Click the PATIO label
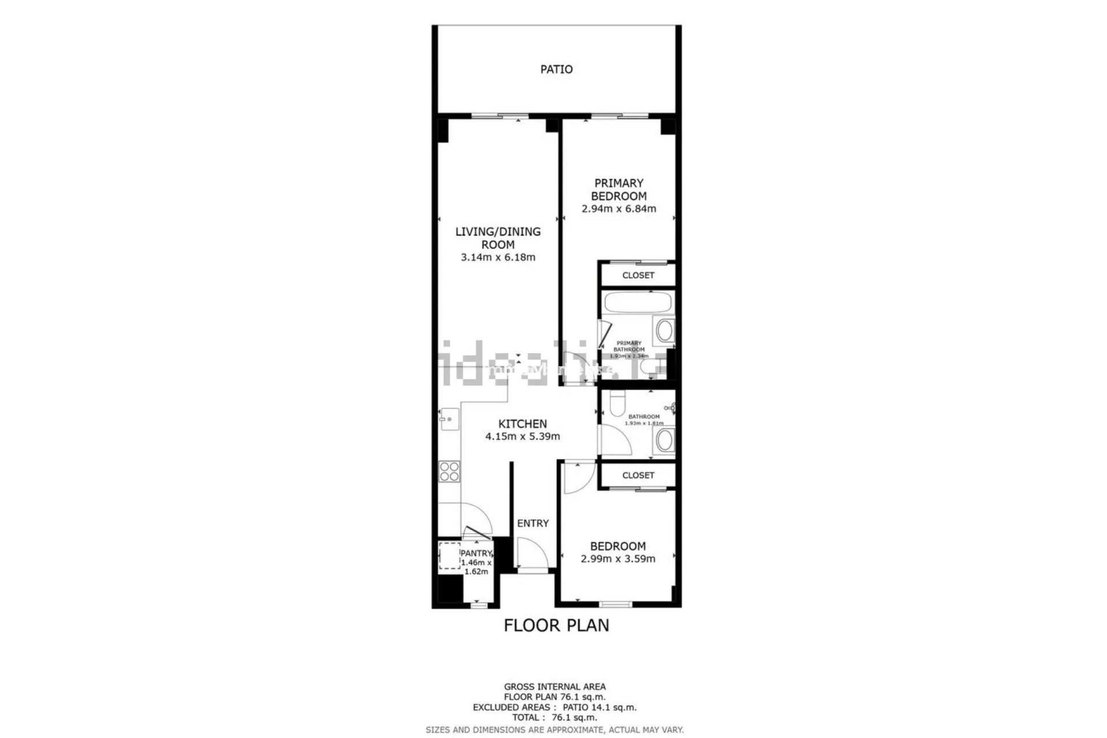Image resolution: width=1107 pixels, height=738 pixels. coord(556,70)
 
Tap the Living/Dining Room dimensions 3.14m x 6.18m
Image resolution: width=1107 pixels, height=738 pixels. coord(498,258)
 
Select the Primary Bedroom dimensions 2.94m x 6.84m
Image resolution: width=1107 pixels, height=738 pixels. coord(619,209)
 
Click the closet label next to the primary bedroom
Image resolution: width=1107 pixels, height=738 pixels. coord(638,276)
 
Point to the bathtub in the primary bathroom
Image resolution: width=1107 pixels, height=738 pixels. coord(637,302)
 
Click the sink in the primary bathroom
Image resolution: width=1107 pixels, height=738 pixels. coord(664,331)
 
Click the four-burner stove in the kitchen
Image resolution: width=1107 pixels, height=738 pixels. coord(449,472)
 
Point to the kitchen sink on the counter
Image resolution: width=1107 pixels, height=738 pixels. coord(449,417)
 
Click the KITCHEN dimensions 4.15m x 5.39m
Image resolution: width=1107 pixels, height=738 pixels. coord(522,437)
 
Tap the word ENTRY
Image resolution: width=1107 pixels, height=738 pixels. coord(533,524)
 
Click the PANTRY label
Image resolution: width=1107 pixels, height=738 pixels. coord(476,553)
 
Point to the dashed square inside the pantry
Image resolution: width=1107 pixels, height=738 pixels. coord(450,556)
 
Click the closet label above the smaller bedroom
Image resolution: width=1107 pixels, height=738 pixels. coord(638,476)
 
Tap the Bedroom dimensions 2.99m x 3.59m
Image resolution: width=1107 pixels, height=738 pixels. coord(617,559)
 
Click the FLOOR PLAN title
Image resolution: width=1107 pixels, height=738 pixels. coord(556,626)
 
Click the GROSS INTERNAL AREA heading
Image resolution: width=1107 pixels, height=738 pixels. coord(555,687)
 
